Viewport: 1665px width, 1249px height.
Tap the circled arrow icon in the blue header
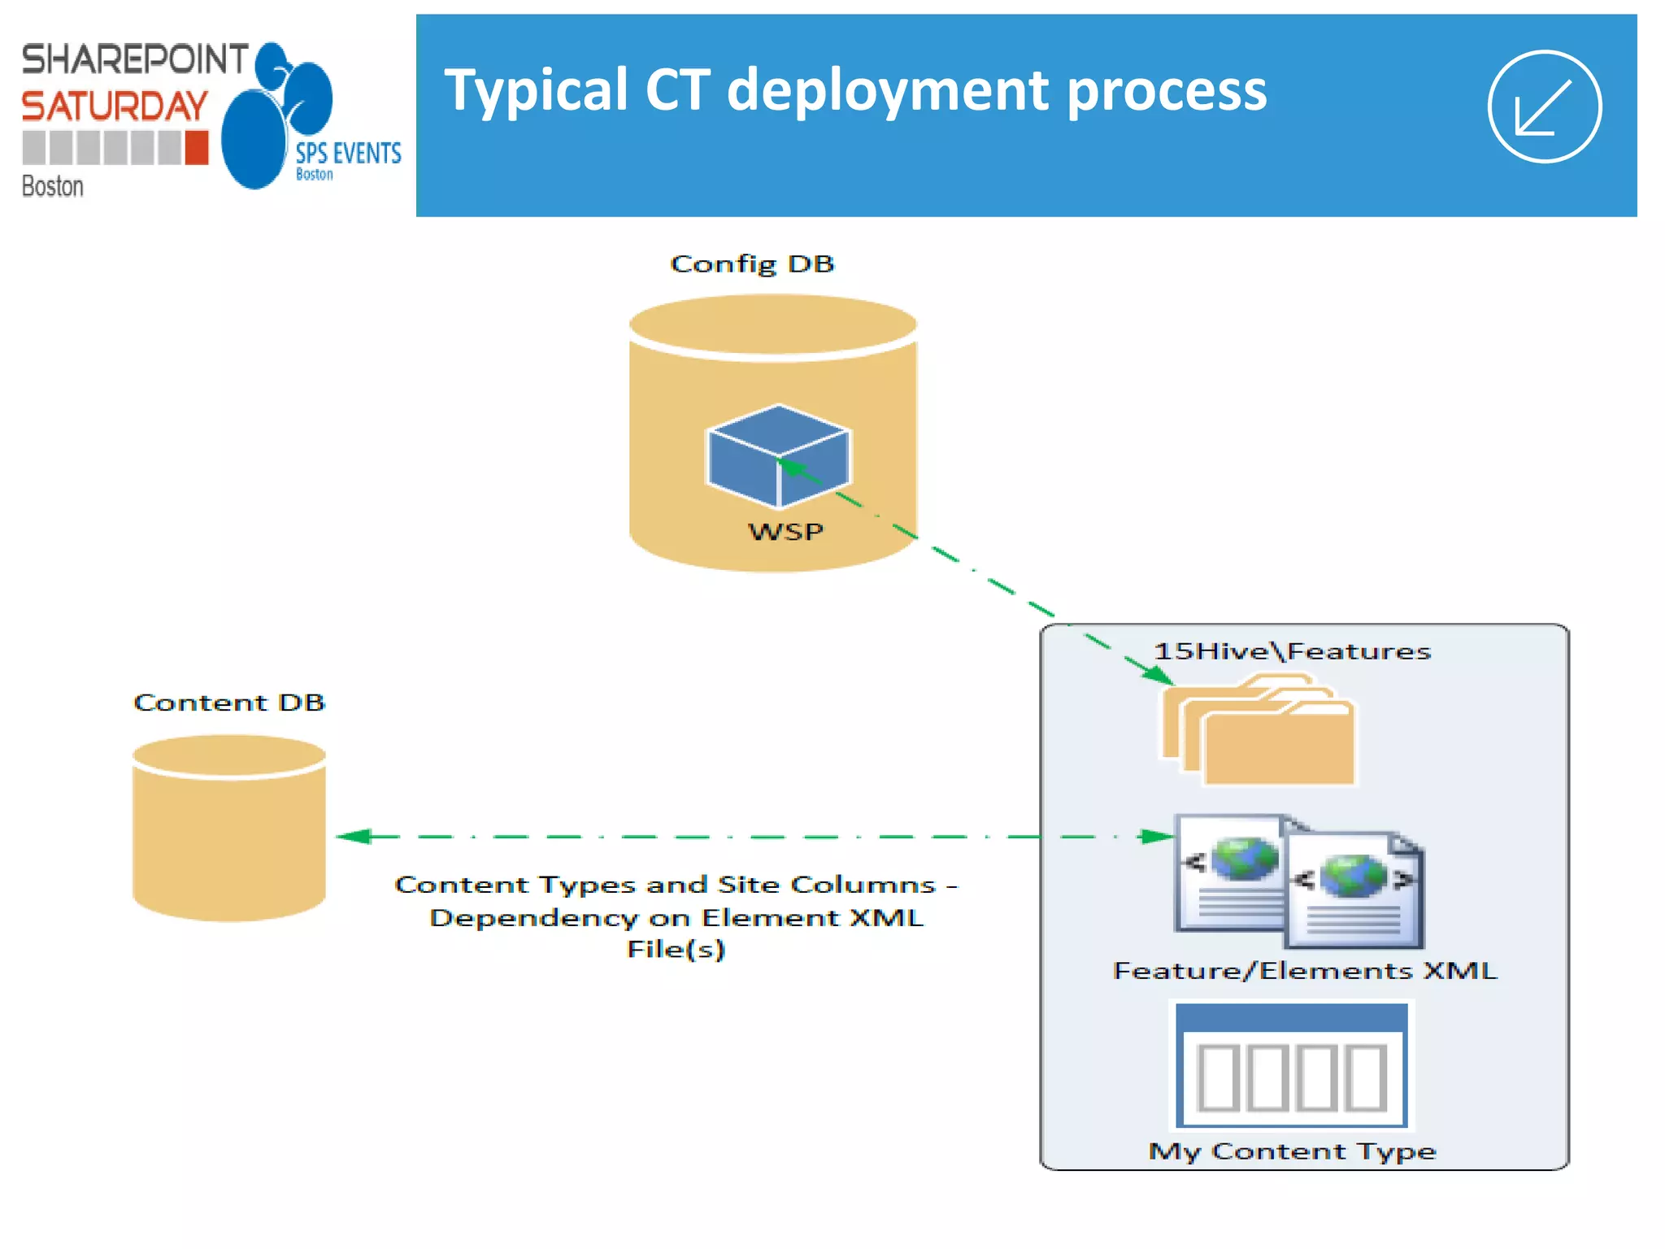coord(1544,107)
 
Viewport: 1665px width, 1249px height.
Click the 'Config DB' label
coord(752,263)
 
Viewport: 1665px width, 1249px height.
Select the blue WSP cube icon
coord(778,455)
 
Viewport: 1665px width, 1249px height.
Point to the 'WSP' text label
coord(785,531)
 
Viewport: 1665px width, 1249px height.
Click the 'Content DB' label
coord(229,702)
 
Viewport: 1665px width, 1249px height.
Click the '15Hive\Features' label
coord(1292,651)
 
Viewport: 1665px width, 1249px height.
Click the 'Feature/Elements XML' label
coord(1304,970)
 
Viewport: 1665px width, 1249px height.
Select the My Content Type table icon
coord(1291,1066)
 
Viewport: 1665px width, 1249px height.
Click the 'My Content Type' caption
coord(1292,1151)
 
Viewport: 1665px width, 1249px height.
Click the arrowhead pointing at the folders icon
coord(1158,675)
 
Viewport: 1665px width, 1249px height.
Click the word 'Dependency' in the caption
coord(532,917)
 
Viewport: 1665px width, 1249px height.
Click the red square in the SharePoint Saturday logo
coord(196,148)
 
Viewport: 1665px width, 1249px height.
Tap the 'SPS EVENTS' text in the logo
coord(348,153)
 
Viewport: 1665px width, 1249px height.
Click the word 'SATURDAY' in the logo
coord(115,107)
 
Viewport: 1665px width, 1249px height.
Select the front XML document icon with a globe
coord(1354,890)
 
